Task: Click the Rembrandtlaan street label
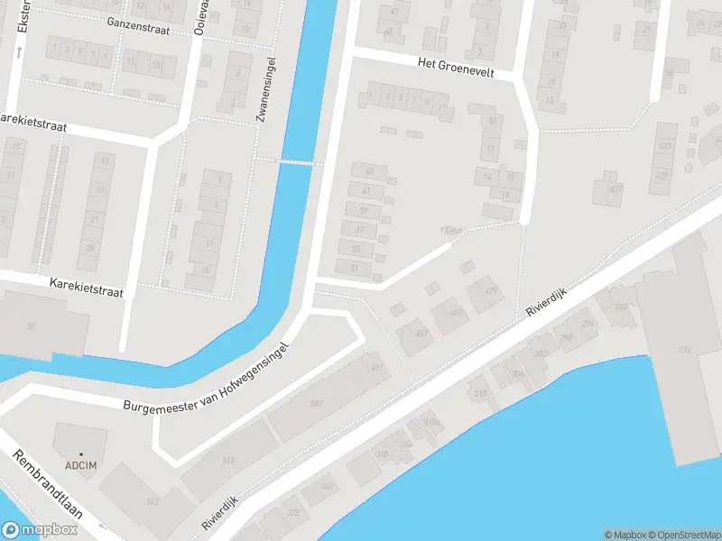tap(48, 484)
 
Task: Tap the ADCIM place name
tap(79, 465)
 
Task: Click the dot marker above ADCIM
tap(80, 454)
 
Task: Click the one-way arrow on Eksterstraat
tap(19, 51)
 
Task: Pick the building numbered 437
tap(615, 188)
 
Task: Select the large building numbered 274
tap(683, 350)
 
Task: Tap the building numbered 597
tap(317, 403)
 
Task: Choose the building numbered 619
tap(227, 461)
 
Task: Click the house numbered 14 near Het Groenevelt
tap(488, 177)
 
